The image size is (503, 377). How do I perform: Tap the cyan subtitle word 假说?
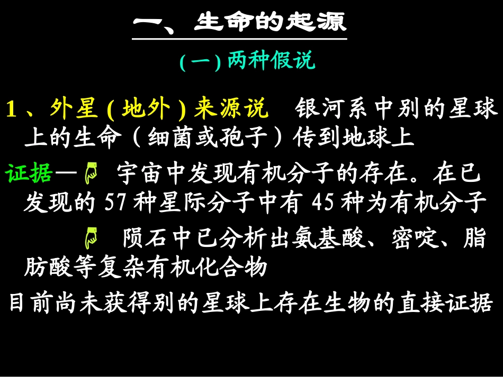click(293, 60)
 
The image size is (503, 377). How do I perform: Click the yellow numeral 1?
click(11, 108)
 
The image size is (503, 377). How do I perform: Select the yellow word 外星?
click(74, 108)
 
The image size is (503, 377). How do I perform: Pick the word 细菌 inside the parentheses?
click(171, 137)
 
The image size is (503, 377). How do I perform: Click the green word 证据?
click(29, 173)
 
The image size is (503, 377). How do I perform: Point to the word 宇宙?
click(140, 173)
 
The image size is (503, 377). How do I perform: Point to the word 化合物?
click(231, 267)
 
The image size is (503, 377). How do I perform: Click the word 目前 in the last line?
click(31, 302)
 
